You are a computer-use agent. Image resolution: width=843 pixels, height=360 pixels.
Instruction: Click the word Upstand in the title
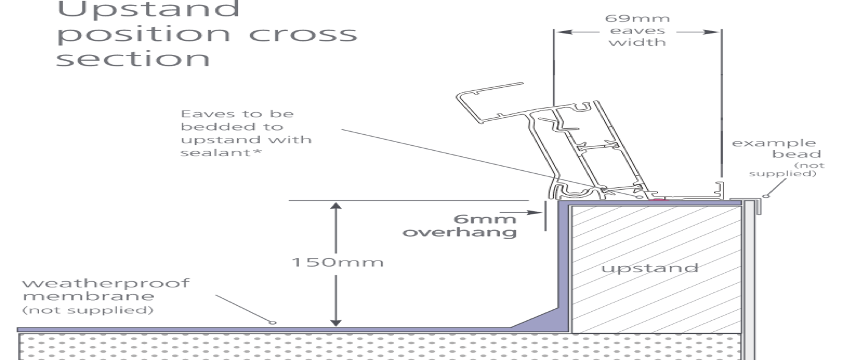pyautogui.click(x=148, y=9)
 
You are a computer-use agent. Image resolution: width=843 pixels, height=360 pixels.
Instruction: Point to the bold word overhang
pyautogui.click(x=460, y=232)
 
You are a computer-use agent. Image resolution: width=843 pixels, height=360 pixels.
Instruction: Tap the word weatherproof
pyautogui.click(x=106, y=284)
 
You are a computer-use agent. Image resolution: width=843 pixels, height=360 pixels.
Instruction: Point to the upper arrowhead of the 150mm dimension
pyautogui.click(x=335, y=206)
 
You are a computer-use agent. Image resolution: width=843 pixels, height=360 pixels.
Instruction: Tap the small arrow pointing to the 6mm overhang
pyautogui.click(x=537, y=212)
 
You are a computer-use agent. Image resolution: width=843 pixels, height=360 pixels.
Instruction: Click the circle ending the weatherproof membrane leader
pyautogui.click(x=273, y=322)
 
